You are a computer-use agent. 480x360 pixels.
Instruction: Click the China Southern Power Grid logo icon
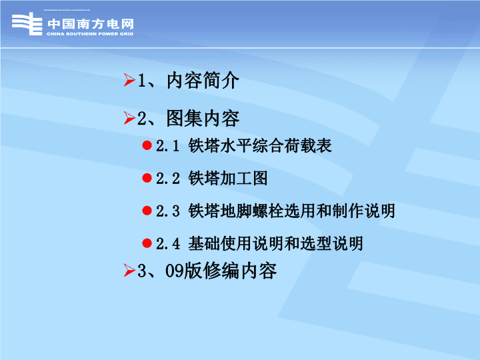click(x=27, y=24)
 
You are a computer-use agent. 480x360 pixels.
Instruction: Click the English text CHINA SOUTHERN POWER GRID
click(x=90, y=34)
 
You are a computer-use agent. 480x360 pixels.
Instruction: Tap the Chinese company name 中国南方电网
click(x=91, y=24)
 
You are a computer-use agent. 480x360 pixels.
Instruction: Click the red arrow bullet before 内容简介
click(x=129, y=80)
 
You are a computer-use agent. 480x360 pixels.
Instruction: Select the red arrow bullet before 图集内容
click(x=129, y=118)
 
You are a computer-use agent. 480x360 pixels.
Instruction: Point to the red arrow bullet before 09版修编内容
click(x=129, y=270)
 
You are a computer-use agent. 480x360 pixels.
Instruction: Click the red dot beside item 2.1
click(x=147, y=145)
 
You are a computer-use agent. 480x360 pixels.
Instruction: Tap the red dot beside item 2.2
click(x=147, y=178)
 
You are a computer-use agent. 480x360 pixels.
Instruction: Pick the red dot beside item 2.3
click(x=147, y=211)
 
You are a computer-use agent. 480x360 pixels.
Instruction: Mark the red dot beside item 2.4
click(x=147, y=243)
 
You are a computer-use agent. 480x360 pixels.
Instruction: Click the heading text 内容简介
click(x=203, y=81)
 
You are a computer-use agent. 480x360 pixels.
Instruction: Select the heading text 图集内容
click(x=203, y=119)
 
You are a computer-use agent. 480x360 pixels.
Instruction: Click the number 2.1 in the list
click(x=167, y=146)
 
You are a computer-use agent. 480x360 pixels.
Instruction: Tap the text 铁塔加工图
click(x=228, y=178)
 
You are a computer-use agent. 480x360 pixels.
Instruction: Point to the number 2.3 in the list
click(x=168, y=211)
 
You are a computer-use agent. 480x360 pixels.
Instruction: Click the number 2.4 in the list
click(x=168, y=244)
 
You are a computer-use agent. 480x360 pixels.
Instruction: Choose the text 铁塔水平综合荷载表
click(x=260, y=145)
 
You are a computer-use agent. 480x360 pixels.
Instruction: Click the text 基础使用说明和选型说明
click(x=275, y=244)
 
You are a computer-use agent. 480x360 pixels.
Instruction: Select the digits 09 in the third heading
click(x=175, y=271)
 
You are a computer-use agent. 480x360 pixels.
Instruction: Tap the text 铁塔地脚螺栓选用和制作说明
click(x=292, y=211)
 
